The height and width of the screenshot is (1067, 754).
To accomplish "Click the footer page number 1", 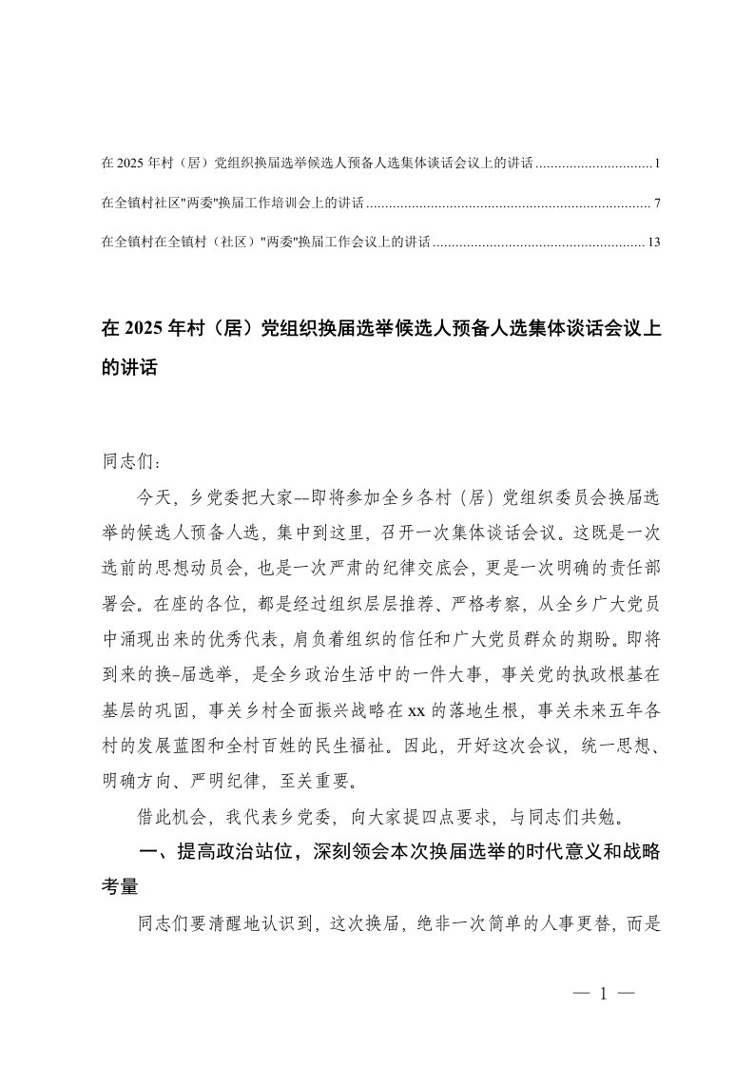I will (x=603, y=994).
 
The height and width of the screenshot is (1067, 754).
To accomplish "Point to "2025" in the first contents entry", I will (x=128, y=164).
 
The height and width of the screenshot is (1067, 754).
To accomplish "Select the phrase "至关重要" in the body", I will (x=320, y=782).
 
